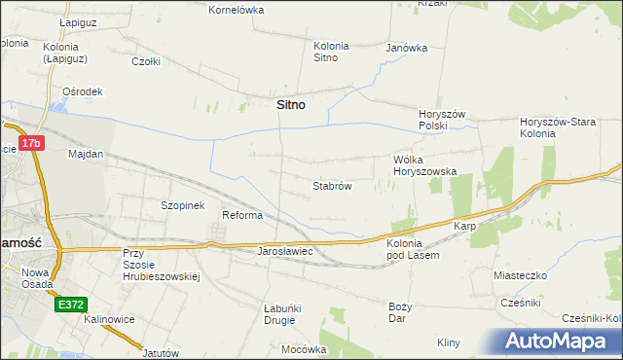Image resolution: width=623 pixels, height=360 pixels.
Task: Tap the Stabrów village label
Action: click(331, 185)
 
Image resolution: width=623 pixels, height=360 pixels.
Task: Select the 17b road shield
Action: click(32, 144)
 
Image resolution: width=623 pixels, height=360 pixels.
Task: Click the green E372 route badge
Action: click(70, 305)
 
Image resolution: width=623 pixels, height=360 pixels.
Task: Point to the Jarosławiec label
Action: click(283, 251)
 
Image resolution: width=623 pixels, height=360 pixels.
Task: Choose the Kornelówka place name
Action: click(237, 10)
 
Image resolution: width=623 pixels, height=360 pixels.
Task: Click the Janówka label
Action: click(407, 48)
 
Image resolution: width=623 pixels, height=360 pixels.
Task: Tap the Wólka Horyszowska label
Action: click(424, 164)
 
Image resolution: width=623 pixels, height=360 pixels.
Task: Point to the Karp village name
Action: click(463, 226)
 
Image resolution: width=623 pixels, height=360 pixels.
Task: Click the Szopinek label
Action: click(182, 206)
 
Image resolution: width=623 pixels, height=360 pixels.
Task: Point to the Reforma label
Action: click(242, 216)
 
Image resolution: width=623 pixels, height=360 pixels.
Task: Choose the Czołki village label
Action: click(146, 60)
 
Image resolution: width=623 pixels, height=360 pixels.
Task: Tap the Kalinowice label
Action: click(107, 319)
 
